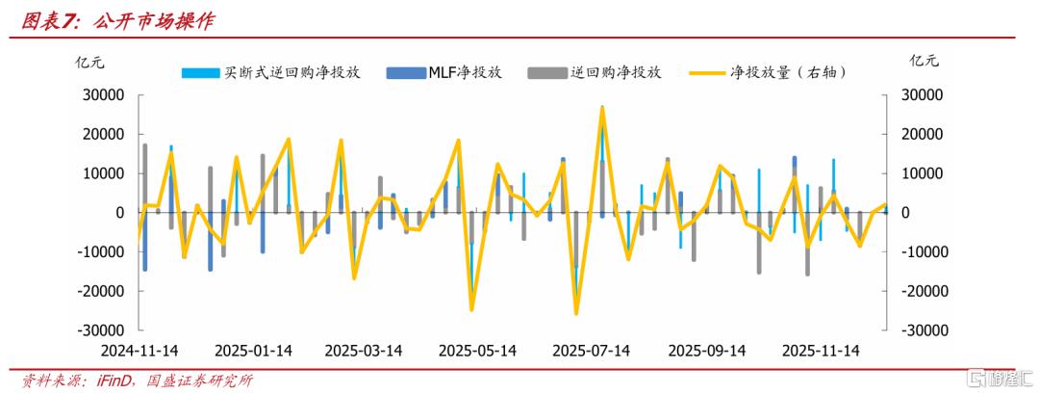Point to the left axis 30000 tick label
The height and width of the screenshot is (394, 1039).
pos(103,95)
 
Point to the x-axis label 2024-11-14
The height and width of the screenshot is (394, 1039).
pos(140,351)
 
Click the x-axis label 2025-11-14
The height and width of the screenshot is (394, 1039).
pos(822,351)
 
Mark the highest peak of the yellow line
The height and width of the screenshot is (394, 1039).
pos(602,107)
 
